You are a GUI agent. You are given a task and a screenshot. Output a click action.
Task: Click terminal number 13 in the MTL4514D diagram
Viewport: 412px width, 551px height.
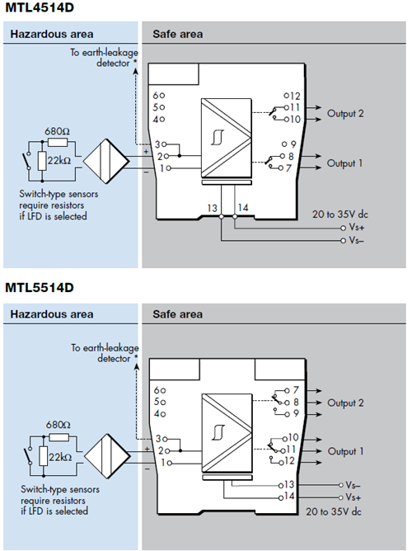click(x=213, y=210)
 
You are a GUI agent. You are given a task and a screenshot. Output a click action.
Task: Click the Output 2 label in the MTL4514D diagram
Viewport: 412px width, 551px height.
click(x=346, y=113)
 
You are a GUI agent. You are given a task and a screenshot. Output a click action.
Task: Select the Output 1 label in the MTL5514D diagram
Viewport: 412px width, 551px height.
click(x=346, y=452)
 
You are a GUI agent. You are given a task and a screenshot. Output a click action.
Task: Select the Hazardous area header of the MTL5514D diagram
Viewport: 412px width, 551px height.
click(x=51, y=314)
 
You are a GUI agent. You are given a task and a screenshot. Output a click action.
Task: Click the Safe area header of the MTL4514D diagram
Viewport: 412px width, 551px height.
click(x=177, y=35)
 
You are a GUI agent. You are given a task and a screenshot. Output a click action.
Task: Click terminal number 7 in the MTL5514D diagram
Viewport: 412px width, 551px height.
click(x=294, y=389)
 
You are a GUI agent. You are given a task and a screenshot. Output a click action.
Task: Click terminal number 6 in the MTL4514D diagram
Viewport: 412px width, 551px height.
click(x=157, y=95)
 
